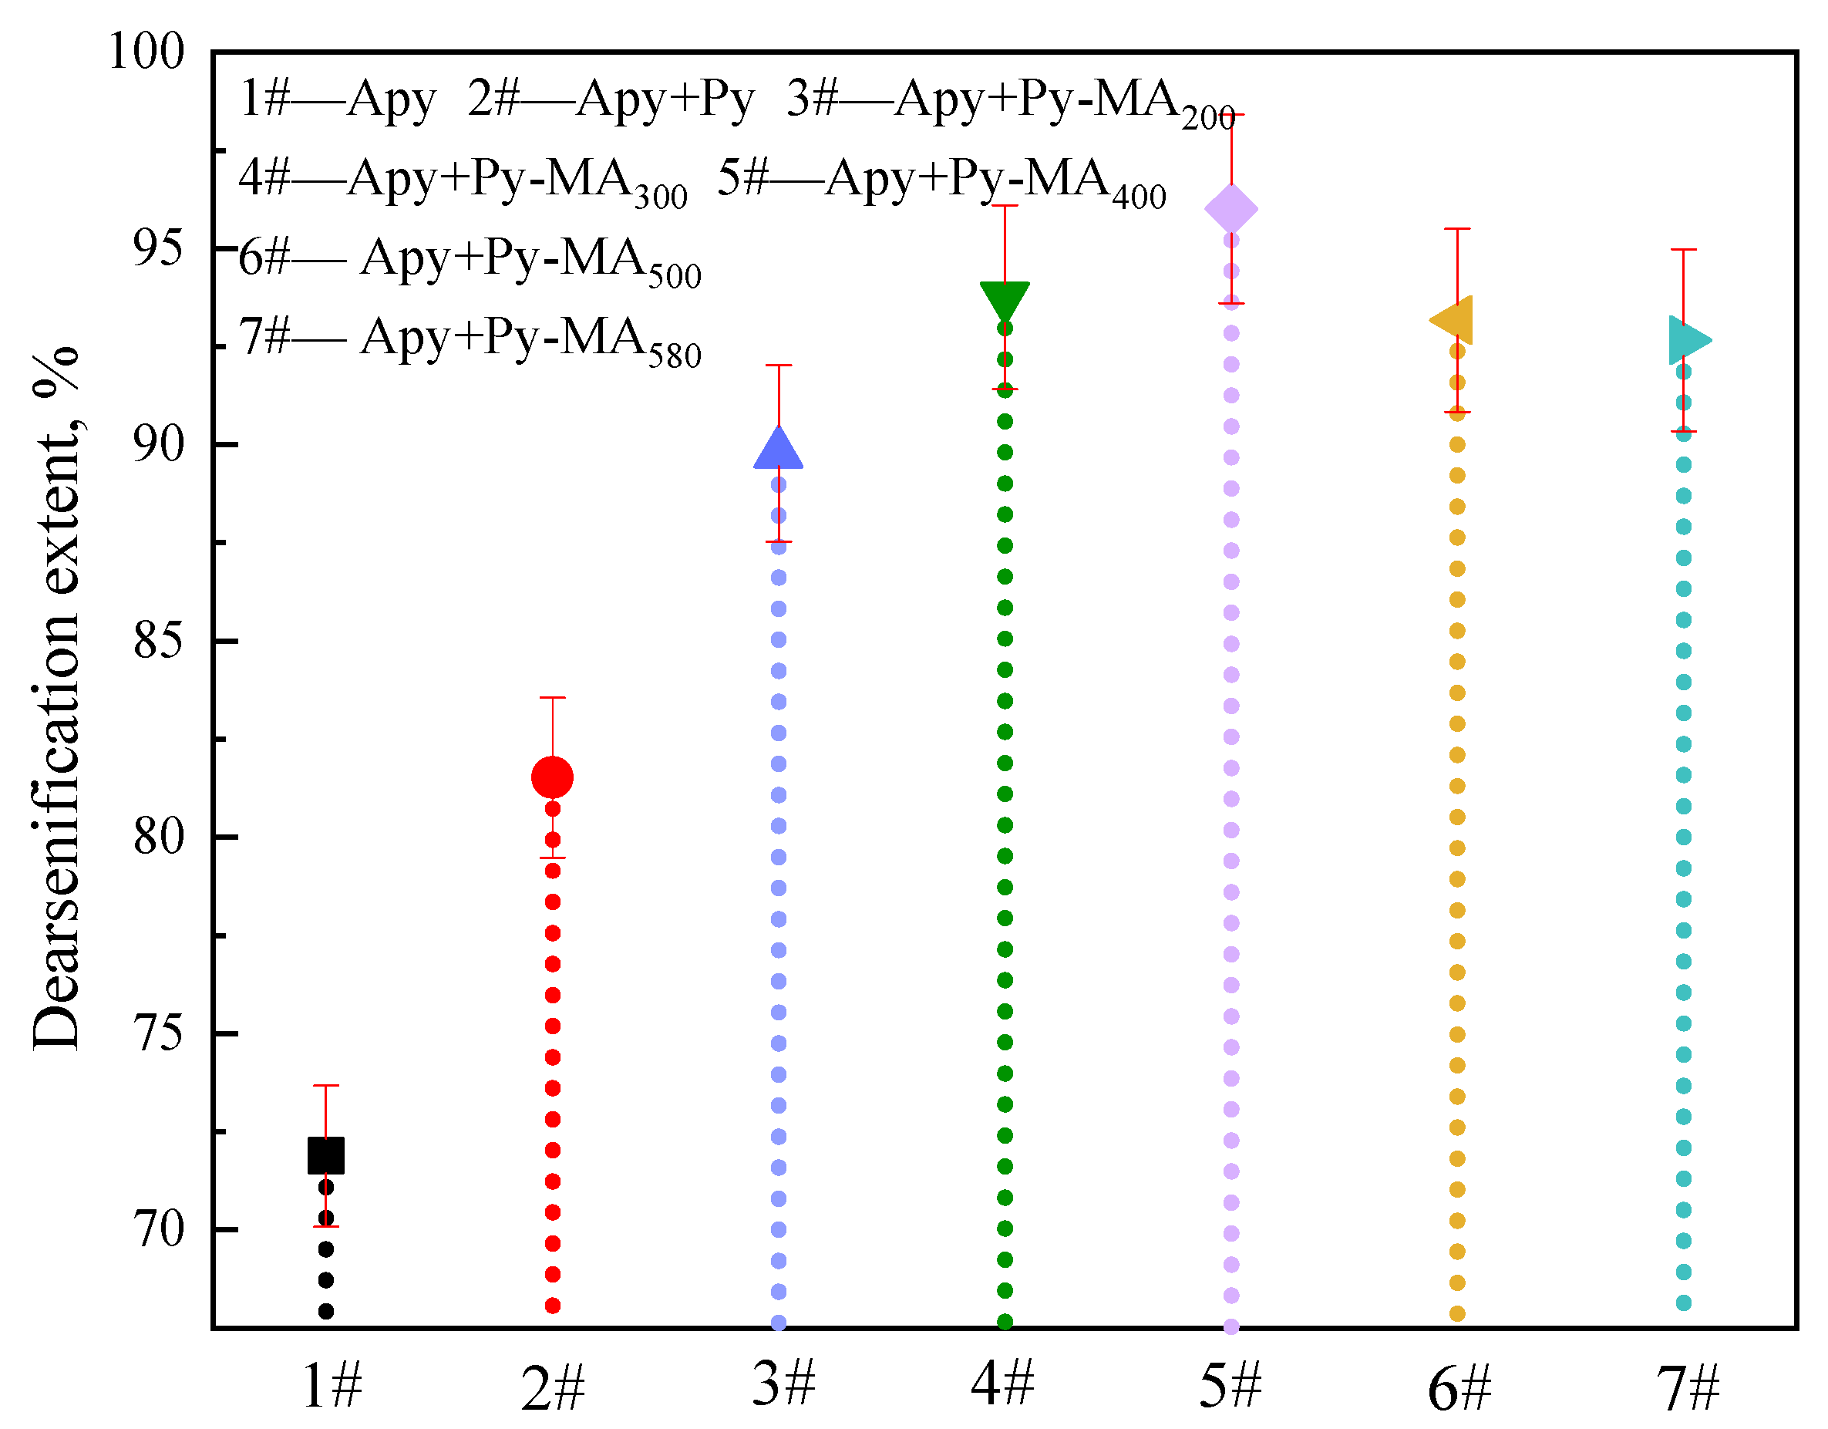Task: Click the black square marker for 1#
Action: tap(325, 1155)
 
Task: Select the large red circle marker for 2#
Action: tap(553, 777)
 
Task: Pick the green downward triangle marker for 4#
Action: tap(1005, 299)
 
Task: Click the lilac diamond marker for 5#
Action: tap(1231, 208)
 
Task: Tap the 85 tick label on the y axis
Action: tap(157, 642)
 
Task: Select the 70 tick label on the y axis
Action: tap(157, 1230)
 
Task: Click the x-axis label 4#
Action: tap(1003, 1383)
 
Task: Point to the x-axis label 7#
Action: tap(1688, 1387)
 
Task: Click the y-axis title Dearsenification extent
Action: tap(56, 699)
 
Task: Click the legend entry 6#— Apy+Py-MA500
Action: tap(470, 261)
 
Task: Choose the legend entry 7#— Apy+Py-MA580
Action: tap(470, 340)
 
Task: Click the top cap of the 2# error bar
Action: tap(553, 697)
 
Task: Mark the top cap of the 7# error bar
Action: tap(1683, 249)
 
